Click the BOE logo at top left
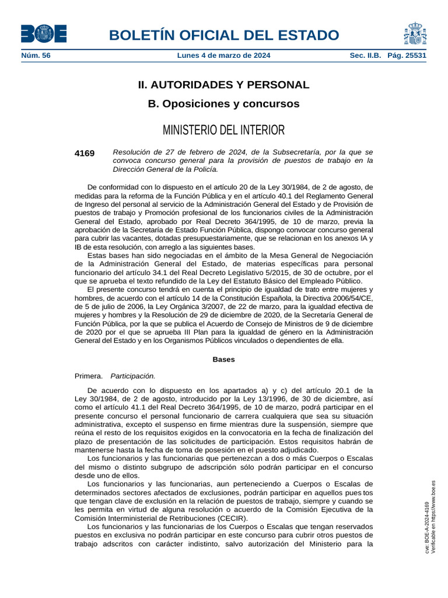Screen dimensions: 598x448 point(44,34)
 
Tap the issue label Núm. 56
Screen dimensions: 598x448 point(36,56)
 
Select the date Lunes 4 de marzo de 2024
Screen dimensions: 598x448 point(223,56)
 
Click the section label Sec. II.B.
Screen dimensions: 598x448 point(365,56)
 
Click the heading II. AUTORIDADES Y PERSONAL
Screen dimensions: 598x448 point(223,85)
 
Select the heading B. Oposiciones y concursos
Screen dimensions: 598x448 point(223,104)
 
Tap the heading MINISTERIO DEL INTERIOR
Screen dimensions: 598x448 point(223,130)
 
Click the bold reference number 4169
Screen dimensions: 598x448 point(85,153)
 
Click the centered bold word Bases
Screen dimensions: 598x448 point(223,359)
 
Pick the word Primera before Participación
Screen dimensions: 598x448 point(89,376)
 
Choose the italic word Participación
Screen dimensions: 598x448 point(133,376)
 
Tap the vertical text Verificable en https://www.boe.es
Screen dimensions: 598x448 point(433,517)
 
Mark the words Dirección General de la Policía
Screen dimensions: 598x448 point(165,169)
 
